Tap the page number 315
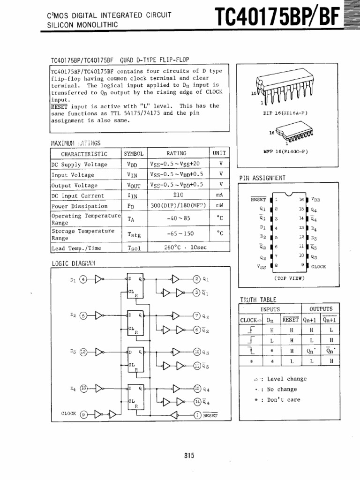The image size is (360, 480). pos(189,455)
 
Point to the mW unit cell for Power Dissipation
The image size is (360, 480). pos(219,206)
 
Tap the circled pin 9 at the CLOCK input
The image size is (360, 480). pos(84,414)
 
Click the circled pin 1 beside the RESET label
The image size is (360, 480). pos(197,414)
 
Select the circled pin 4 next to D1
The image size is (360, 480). pos(83,280)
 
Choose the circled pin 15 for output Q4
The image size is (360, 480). pos(197,389)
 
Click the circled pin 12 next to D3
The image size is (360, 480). pos(83,351)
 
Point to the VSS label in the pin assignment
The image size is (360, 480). pos(261,266)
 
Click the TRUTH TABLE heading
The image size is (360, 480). pos(258,300)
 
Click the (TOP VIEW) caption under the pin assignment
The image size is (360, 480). pos(289,278)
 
